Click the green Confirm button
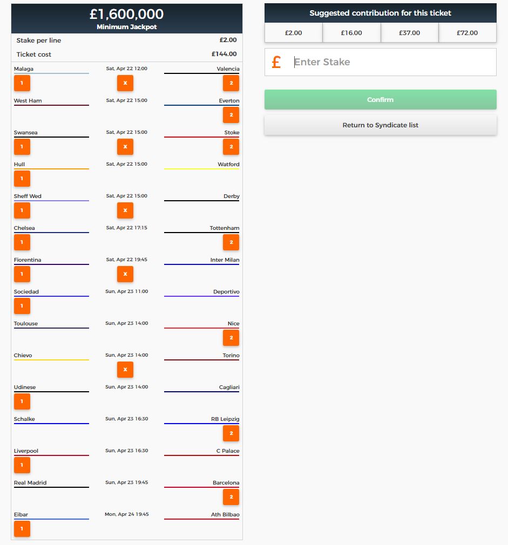point(381,100)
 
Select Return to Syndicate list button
point(381,125)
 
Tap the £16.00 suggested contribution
point(351,33)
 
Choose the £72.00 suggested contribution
point(468,33)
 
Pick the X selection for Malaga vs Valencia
point(125,83)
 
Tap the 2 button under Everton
point(231,115)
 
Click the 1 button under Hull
point(22,179)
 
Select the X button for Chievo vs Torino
point(125,370)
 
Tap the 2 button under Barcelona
point(231,497)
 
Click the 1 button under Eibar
point(22,529)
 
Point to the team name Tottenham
point(224,228)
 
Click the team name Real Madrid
point(30,482)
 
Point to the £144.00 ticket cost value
point(224,54)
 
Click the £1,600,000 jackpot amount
point(126,14)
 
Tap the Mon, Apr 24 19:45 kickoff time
point(126,514)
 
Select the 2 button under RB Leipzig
point(231,433)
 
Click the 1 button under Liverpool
point(22,465)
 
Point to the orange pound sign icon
point(276,62)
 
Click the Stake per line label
point(38,40)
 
